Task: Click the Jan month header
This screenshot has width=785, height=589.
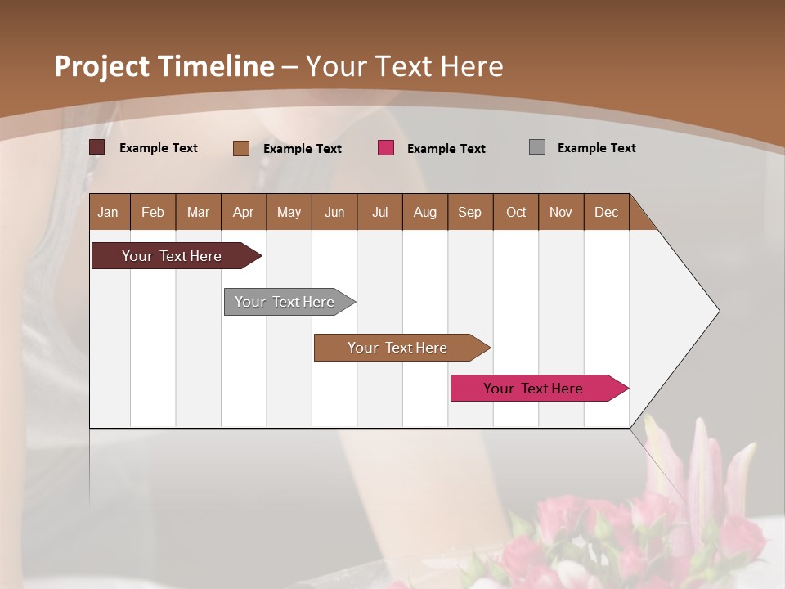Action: [108, 212]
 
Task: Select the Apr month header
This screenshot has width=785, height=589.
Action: [243, 212]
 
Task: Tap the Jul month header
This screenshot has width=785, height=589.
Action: [379, 212]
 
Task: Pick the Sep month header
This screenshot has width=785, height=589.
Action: [469, 212]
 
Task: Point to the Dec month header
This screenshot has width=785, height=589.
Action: [606, 212]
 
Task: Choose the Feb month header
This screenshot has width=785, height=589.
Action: [153, 212]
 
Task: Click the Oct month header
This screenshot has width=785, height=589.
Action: [516, 212]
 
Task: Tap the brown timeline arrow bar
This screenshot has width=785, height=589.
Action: [398, 348]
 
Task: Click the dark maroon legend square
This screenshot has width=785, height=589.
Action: [97, 147]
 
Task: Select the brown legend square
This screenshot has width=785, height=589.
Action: [241, 148]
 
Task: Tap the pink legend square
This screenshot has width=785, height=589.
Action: [386, 148]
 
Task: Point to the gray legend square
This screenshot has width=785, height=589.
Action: [537, 147]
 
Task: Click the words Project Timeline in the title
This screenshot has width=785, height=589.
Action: [164, 66]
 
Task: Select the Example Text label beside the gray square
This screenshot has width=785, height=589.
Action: [596, 148]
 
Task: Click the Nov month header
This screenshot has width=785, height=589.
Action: [561, 212]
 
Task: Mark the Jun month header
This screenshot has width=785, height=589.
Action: [334, 212]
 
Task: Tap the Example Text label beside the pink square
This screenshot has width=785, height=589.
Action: [446, 149]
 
